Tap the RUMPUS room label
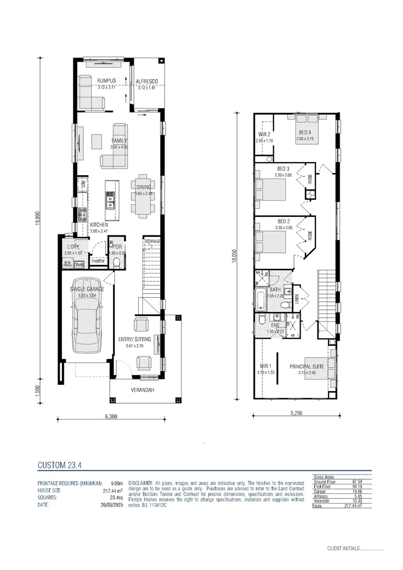pyautogui.click(x=106, y=81)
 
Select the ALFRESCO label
pyautogui.click(x=147, y=81)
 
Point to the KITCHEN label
pyautogui.click(x=99, y=225)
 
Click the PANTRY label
pyautogui.click(x=98, y=261)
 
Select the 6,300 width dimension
pyautogui.click(x=111, y=416)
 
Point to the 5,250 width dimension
pyautogui.click(x=296, y=414)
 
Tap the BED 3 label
pyautogui.click(x=283, y=168)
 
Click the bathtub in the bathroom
pyautogui.click(x=262, y=300)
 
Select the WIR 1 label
pyautogui.click(x=265, y=366)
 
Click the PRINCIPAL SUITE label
pyautogui.click(x=306, y=366)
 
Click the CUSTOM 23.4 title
pyautogui.click(x=59, y=465)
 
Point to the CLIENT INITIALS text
pyautogui.click(x=343, y=549)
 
